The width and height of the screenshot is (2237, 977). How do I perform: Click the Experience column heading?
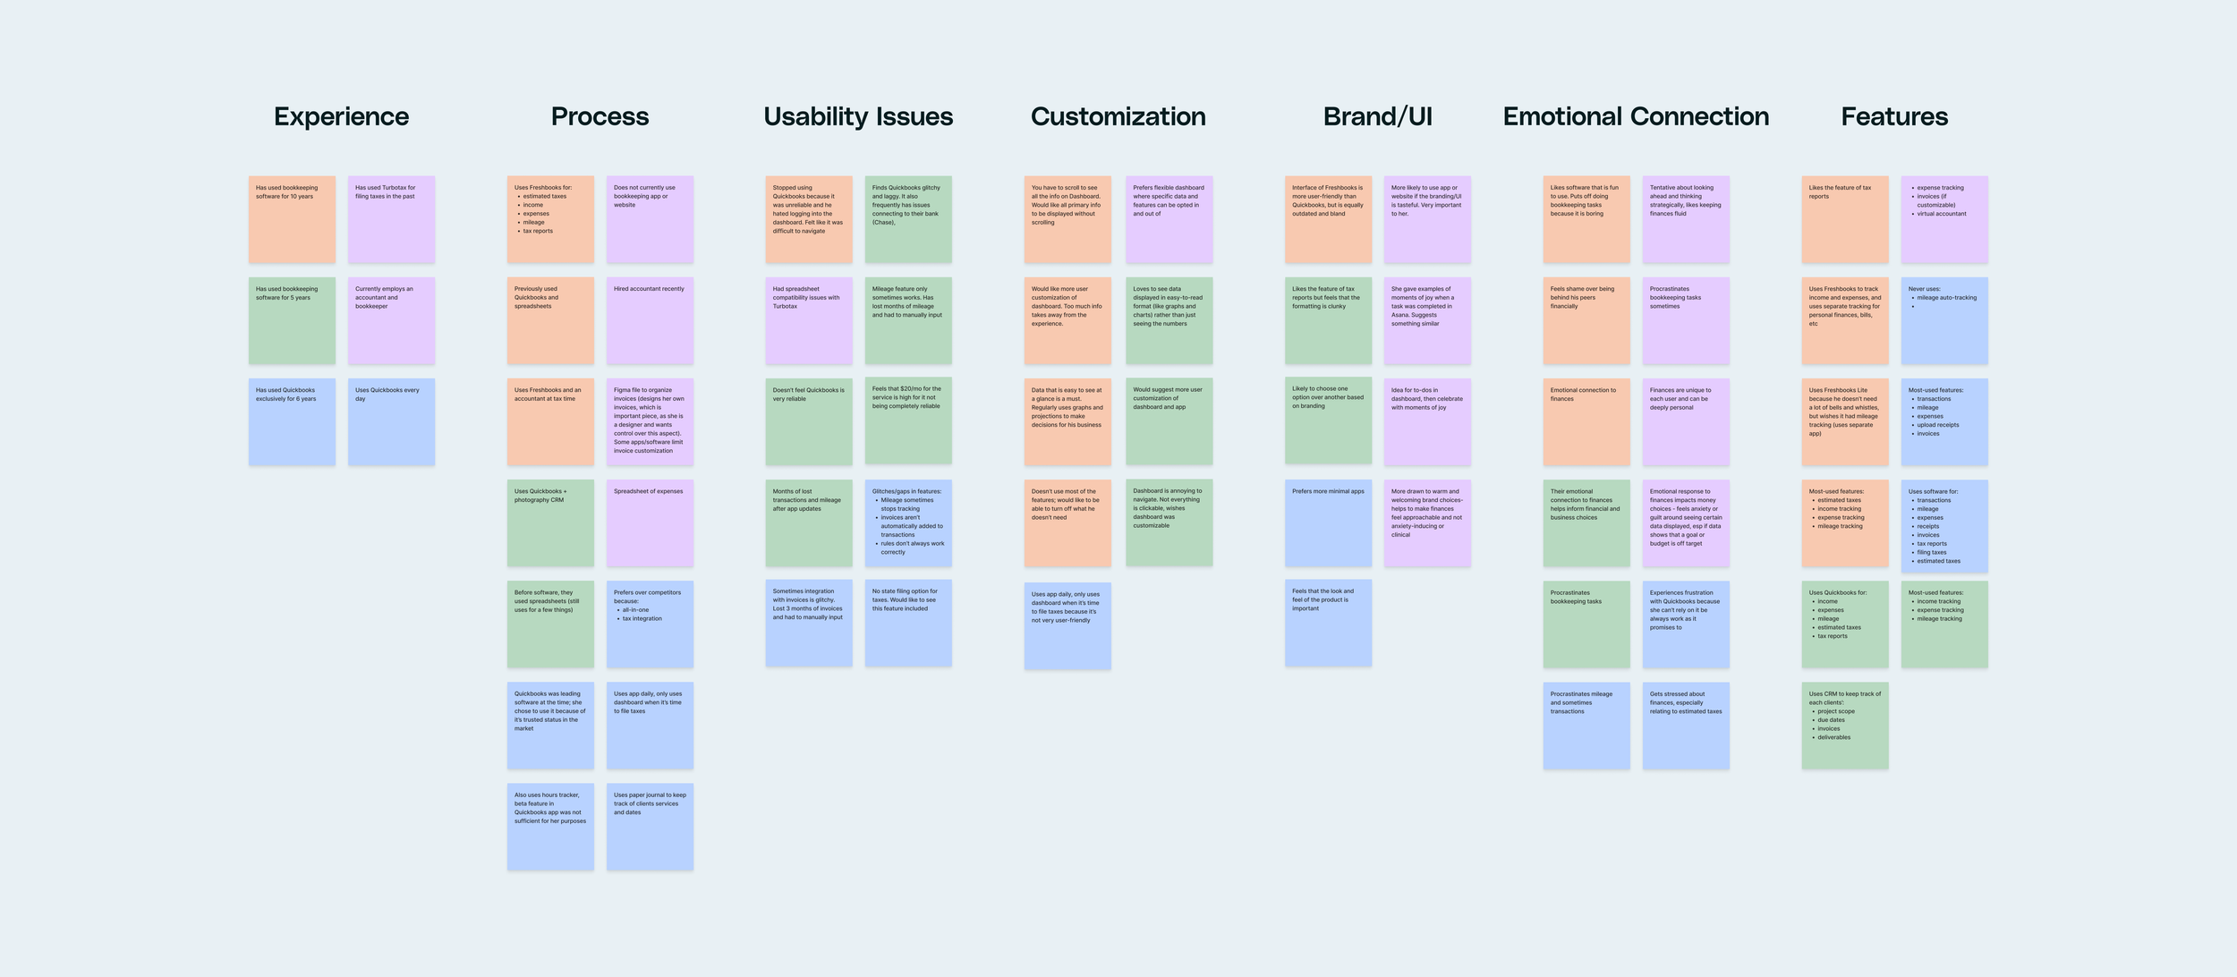click(341, 116)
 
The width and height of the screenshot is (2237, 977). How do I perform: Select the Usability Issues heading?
click(858, 116)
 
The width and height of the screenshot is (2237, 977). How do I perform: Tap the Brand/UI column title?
click(1377, 116)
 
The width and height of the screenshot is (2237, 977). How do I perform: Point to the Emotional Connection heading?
click(1636, 116)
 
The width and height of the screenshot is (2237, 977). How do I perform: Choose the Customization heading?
click(1118, 116)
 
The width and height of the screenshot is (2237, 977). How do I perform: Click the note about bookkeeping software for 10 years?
click(292, 219)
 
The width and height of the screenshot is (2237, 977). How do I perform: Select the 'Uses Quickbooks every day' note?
click(391, 421)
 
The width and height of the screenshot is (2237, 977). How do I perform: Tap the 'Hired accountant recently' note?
click(650, 320)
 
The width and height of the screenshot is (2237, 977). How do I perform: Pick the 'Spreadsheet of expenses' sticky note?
click(650, 522)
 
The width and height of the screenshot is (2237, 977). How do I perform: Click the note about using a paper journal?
click(650, 826)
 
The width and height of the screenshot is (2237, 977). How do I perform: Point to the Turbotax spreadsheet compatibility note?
click(809, 320)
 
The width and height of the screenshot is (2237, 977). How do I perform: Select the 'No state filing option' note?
click(908, 623)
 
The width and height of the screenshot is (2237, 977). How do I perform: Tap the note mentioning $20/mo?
click(908, 421)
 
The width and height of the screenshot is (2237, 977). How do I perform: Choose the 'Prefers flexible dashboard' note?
click(1169, 219)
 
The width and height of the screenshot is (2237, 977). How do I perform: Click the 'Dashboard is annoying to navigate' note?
click(1169, 522)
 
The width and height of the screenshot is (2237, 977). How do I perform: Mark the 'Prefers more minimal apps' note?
click(1328, 522)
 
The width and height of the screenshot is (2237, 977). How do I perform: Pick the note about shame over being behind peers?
click(1586, 320)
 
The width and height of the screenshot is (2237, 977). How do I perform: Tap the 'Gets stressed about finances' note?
click(1686, 725)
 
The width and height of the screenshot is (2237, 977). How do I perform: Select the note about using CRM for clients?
click(1845, 725)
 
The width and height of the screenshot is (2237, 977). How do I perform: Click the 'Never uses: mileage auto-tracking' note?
click(1944, 320)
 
